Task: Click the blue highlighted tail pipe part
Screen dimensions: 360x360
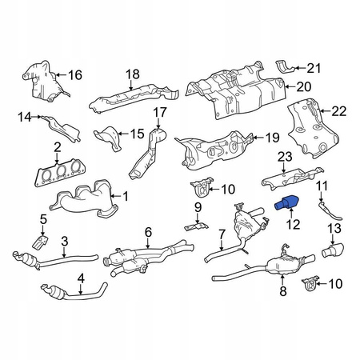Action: click(286, 202)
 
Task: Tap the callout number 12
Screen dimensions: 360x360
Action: click(293, 225)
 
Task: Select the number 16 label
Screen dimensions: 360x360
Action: click(75, 75)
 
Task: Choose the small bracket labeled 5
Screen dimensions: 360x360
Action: click(41, 242)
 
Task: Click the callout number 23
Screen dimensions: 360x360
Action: click(285, 157)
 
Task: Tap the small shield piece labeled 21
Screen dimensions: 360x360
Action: click(284, 66)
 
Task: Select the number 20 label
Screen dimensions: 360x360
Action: click(304, 86)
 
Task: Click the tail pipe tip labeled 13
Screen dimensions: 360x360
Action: click(334, 250)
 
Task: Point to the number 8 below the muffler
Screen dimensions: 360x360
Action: click(283, 291)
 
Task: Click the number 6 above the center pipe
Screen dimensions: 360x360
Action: click(148, 232)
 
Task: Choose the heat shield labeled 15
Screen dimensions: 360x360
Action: click(108, 138)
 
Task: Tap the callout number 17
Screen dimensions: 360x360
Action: click(160, 112)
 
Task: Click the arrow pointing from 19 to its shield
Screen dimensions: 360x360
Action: click(257, 138)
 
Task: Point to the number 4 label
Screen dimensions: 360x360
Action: click(81, 278)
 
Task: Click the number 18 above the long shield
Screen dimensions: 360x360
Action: click(133, 74)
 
